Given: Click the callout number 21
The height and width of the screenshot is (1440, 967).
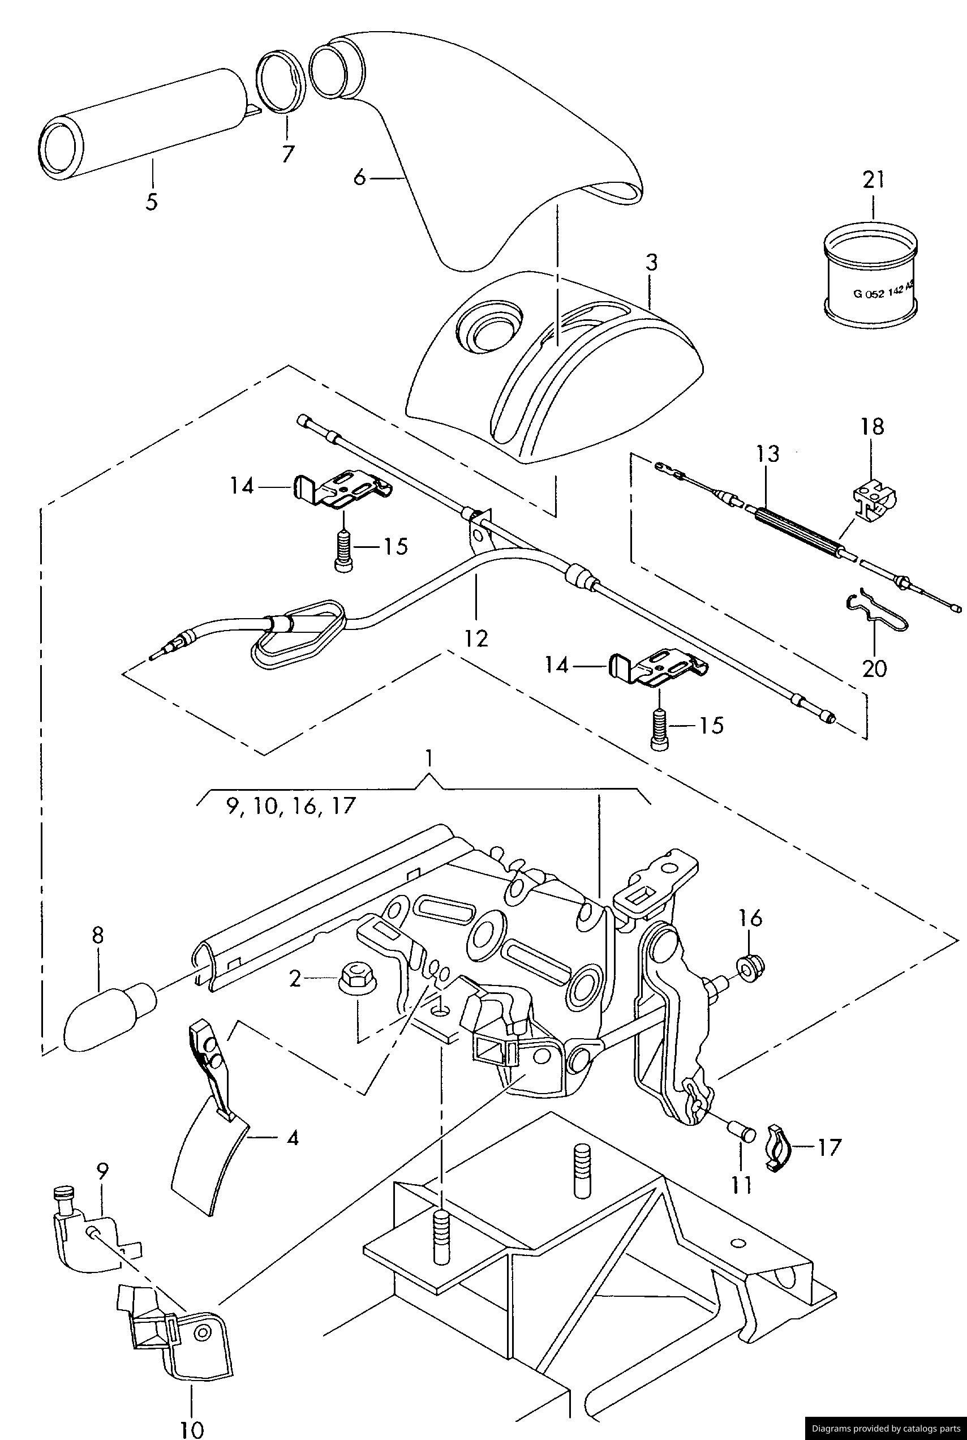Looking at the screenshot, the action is tap(873, 180).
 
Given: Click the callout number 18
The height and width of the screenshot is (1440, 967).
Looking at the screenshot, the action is tap(873, 426).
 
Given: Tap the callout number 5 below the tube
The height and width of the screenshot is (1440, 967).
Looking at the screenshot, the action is tap(151, 201).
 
